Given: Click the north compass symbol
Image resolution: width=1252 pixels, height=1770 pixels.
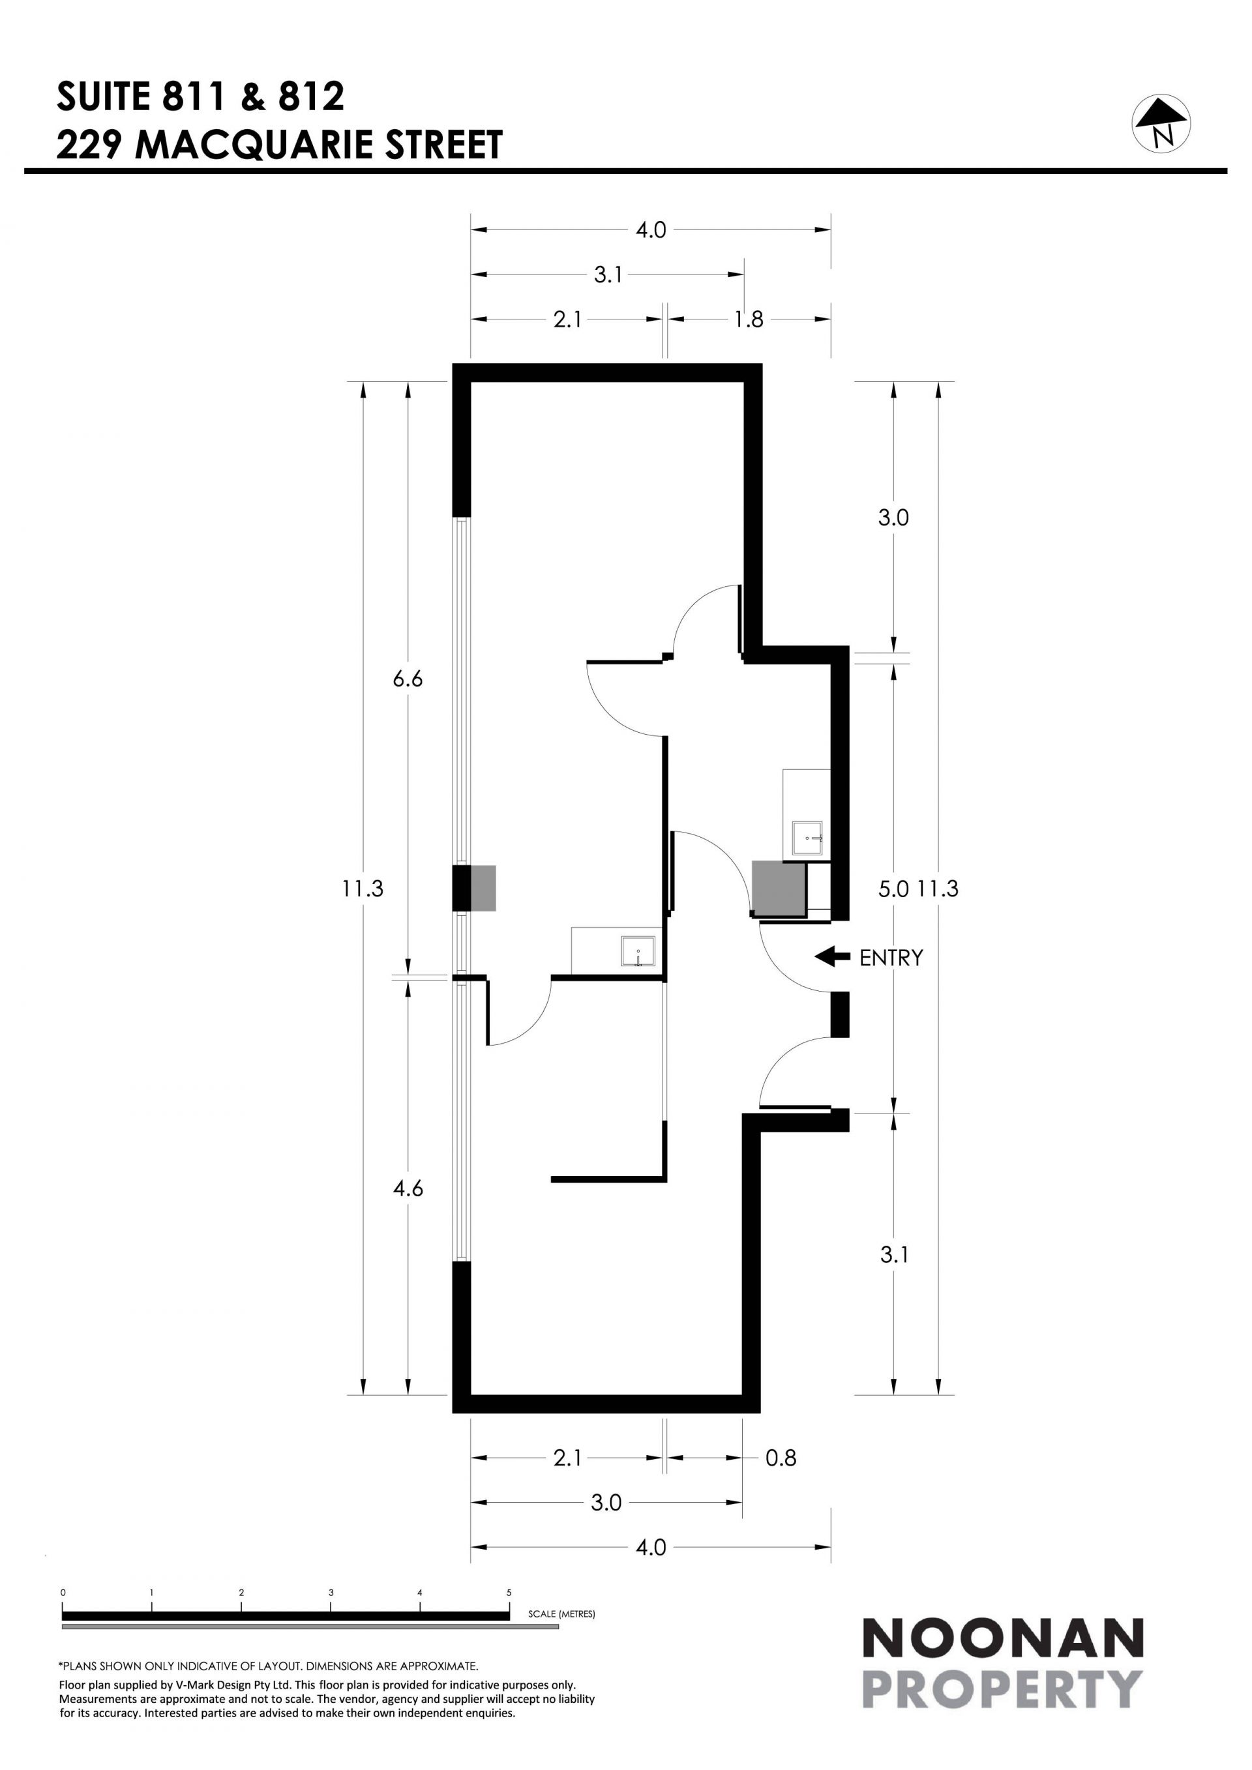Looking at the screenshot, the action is (1161, 123).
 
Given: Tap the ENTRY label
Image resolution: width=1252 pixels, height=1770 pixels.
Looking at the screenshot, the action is (891, 958).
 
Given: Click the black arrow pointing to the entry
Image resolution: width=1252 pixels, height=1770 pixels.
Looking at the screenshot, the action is (832, 956).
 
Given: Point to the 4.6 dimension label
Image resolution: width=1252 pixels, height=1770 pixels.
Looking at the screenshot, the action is (408, 1188).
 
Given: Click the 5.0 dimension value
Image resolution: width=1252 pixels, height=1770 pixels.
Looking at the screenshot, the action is (893, 889).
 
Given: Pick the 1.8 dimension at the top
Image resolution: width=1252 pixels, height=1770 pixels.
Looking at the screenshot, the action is (748, 319).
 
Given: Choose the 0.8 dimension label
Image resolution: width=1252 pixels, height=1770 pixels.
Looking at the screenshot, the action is (781, 1458).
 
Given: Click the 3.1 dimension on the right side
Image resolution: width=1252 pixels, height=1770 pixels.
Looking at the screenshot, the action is (894, 1254).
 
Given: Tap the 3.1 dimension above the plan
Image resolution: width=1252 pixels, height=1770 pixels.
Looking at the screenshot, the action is (608, 274).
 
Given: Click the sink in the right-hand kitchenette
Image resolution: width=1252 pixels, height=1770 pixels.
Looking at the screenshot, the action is (808, 838).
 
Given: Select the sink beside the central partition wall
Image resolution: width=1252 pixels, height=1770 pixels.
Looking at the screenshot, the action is (638, 951).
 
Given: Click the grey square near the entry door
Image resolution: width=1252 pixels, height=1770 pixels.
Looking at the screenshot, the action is (779, 889).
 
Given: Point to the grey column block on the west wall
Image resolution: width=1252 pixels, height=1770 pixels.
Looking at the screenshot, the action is (483, 888).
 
